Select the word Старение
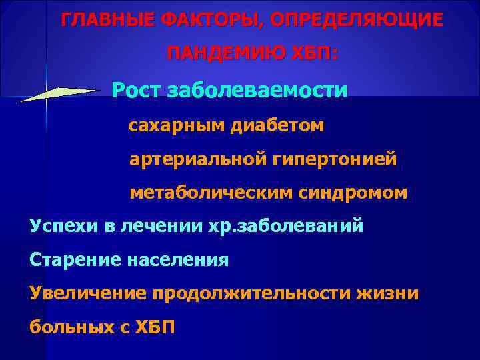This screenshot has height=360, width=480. click(x=71, y=260)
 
